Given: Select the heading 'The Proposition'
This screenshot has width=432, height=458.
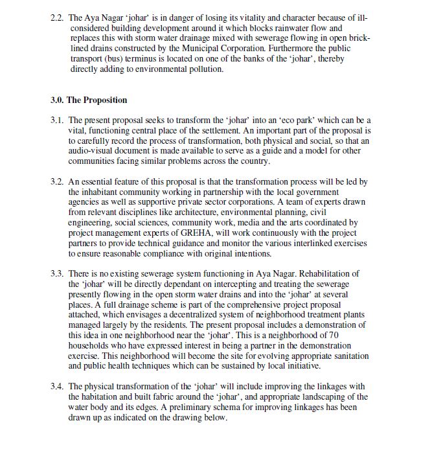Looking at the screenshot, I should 97,100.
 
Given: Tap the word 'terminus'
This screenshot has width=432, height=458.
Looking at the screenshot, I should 130,59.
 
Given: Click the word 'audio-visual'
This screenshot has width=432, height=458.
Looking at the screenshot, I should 91,152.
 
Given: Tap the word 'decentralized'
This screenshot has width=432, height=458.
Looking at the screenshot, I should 198,315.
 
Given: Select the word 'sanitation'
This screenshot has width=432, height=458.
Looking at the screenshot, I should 351,356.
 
